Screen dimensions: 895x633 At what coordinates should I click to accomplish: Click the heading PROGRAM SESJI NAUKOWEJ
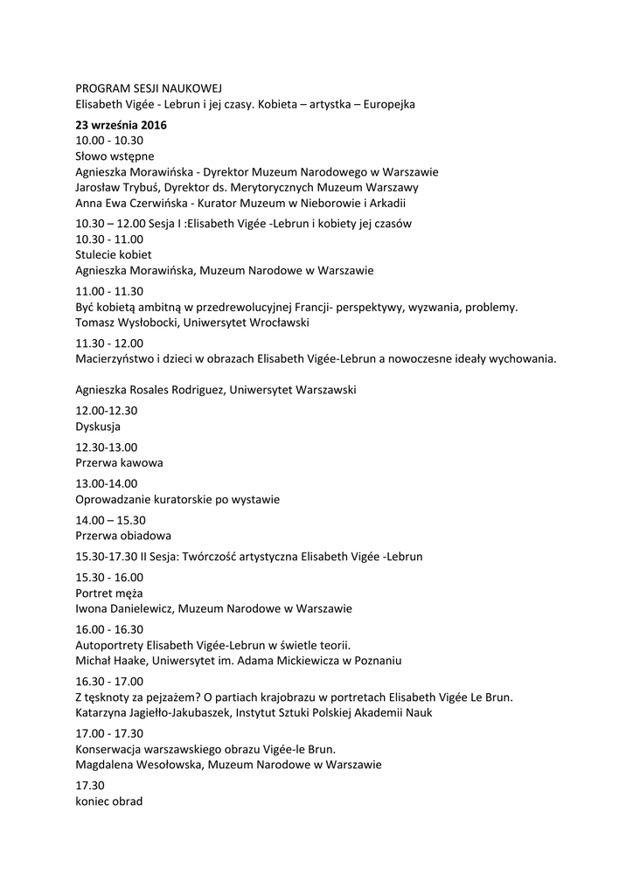pyautogui.click(x=149, y=88)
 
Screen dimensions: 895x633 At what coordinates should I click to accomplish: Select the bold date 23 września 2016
pyautogui.click(x=121, y=125)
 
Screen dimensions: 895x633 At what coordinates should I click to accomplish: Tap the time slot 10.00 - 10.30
pyautogui.click(x=109, y=140)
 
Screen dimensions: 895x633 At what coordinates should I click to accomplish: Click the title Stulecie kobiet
pyautogui.click(x=114, y=254)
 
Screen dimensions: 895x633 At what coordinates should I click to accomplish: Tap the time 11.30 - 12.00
pyautogui.click(x=109, y=343)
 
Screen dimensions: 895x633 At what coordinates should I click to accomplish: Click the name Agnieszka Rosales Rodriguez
pyautogui.click(x=150, y=390)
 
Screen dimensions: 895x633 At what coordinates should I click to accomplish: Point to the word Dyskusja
pyautogui.click(x=98, y=427)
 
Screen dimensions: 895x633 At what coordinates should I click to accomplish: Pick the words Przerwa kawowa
pyautogui.click(x=119, y=462)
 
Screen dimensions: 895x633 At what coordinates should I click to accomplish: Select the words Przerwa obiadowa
pyautogui.click(x=123, y=535)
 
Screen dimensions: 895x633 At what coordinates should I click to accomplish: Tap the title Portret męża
pyautogui.click(x=109, y=593)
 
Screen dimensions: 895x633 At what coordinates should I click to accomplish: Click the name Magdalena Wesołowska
pyautogui.click(x=137, y=765)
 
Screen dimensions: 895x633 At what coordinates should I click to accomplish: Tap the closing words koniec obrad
pyautogui.click(x=109, y=801)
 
